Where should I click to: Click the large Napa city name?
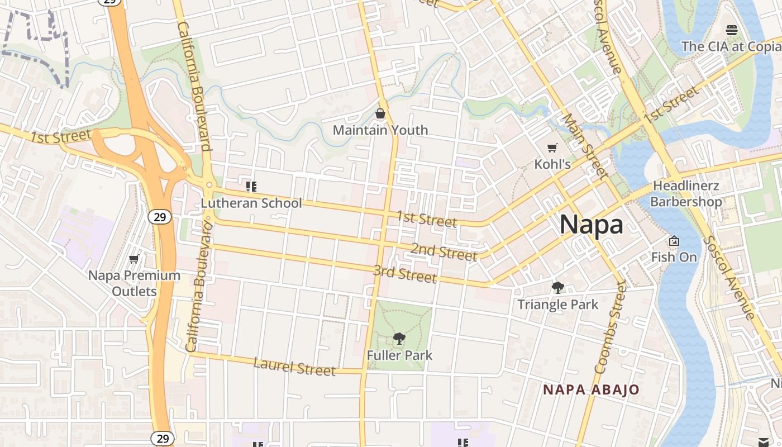[x=591, y=225]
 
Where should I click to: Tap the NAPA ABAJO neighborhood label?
[x=591, y=389]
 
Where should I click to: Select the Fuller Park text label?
[x=399, y=355]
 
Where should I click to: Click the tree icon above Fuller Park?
[x=399, y=338]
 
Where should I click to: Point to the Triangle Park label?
[x=557, y=305]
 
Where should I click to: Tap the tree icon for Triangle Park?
[x=557, y=288]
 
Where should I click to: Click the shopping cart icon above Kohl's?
[x=552, y=148]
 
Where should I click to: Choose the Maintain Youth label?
[x=380, y=130]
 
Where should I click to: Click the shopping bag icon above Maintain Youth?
[x=380, y=114]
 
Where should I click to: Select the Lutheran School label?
[x=251, y=203]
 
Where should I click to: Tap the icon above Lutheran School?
[x=251, y=186]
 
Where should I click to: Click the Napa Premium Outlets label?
[x=135, y=283]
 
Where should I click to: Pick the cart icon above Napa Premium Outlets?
[x=133, y=259]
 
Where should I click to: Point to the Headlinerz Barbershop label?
[x=686, y=193]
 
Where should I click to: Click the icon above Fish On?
[x=674, y=241]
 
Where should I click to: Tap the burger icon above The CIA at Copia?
[x=732, y=30]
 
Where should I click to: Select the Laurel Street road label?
[x=294, y=367]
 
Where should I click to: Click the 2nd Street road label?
[x=444, y=252]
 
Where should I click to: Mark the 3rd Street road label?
[x=405, y=274]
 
